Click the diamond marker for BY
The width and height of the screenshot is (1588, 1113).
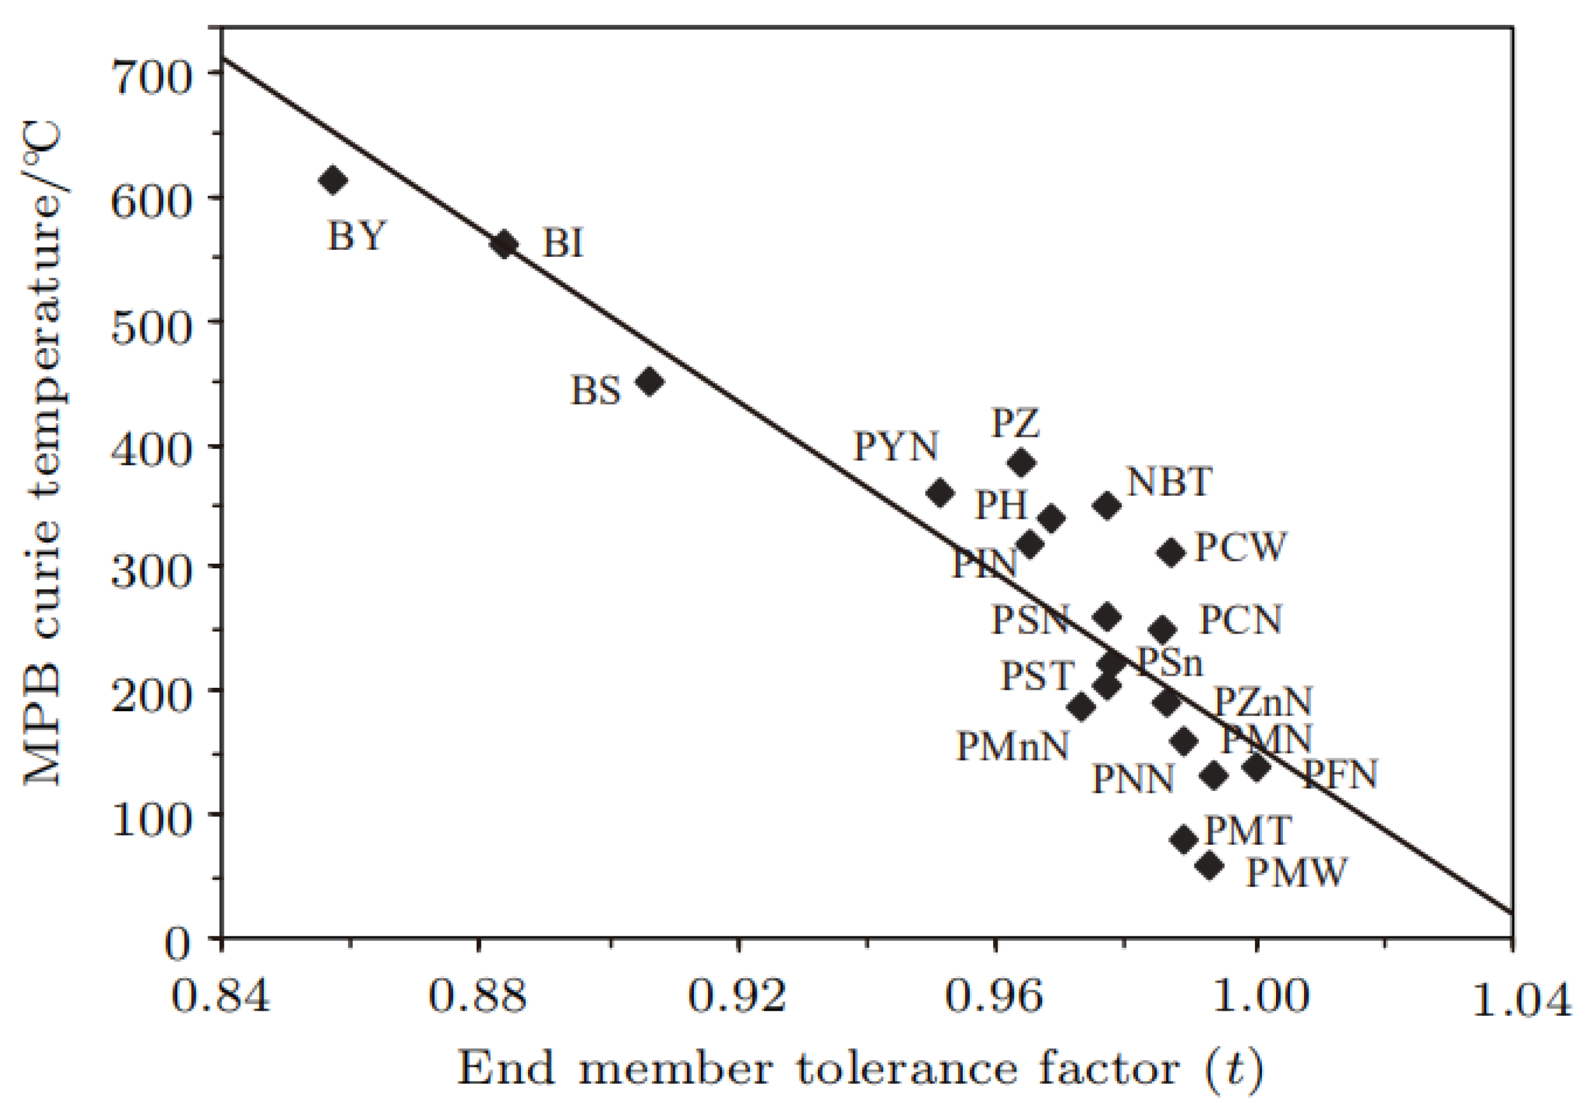333,181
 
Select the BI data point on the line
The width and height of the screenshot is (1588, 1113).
503,244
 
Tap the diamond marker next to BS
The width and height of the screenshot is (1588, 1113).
649,382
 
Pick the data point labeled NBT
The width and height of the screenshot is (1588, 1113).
1108,506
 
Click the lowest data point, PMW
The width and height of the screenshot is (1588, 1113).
1210,866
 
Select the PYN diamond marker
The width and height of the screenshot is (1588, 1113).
940,493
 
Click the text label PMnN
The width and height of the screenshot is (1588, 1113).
1012,747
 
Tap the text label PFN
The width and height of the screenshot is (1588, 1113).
1340,775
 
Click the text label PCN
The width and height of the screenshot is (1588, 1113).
1241,620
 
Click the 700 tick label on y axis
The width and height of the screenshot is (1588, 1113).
150,78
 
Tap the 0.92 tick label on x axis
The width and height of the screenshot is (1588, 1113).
737,997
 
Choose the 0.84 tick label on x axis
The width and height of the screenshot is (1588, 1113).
220,997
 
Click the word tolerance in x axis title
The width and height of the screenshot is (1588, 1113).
907,1069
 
